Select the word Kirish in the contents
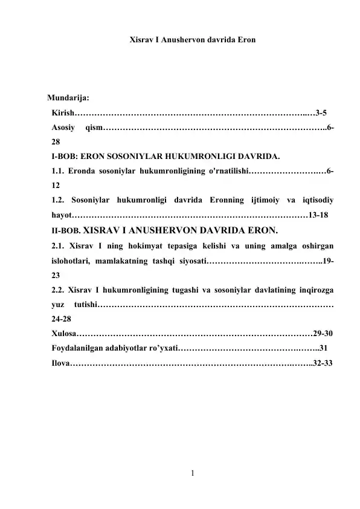[x=63, y=112]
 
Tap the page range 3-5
[x=322, y=112]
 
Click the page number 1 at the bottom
[x=192, y=475]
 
